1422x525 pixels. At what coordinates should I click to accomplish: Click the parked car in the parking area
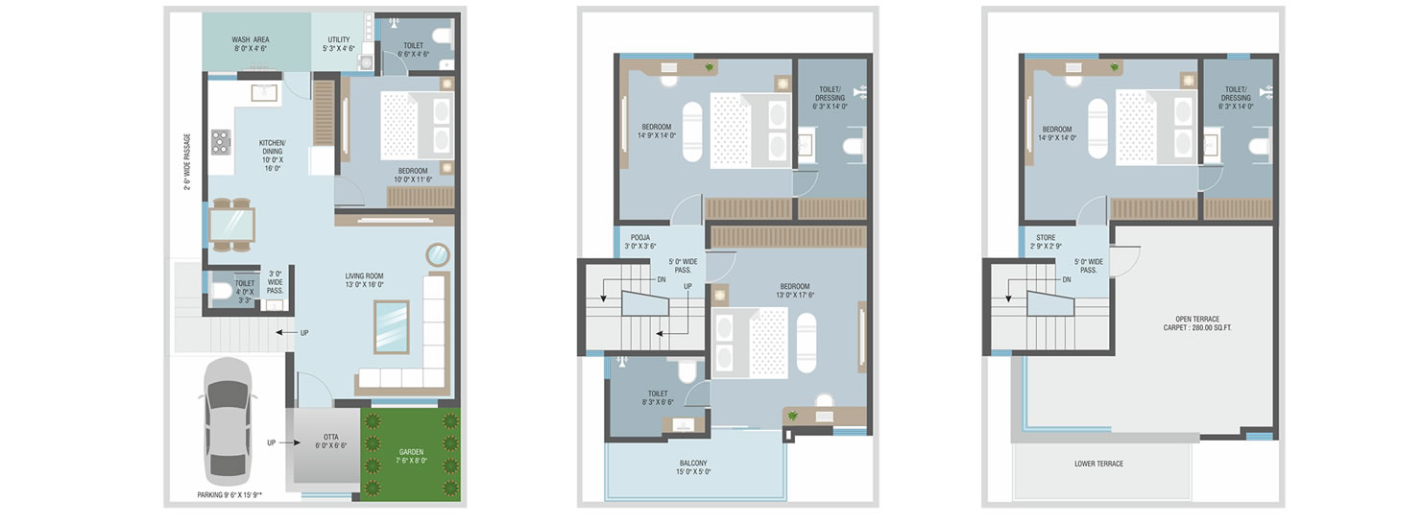click(228, 421)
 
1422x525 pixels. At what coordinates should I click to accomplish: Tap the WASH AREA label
click(250, 44)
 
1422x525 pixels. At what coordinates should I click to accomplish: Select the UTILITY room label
click(338, 44)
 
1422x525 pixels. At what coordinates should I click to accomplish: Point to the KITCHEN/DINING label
click(273, 155)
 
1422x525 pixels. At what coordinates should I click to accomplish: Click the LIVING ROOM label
click(365, 280)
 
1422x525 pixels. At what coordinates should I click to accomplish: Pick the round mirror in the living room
click(438, 255)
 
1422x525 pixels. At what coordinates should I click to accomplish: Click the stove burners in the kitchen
click(221, 142)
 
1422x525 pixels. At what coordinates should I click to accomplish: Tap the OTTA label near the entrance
click(330, 441)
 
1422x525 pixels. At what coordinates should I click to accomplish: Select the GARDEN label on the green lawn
click(411, 457)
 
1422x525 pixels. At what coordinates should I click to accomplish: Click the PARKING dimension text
click(229, 495)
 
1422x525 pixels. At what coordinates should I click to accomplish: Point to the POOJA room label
click(639, 242)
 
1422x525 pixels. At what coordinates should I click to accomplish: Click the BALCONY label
click(693, 467)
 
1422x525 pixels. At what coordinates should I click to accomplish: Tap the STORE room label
click(1046, 242)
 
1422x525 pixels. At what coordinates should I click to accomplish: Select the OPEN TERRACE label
click(1197, 323)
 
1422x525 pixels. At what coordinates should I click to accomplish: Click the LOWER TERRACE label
click(1098, 465)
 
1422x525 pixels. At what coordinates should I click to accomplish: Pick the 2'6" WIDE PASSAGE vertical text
click(187, 162)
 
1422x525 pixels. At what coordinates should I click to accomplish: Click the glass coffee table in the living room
click(392, 326)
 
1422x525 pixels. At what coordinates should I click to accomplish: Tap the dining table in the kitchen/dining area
click(231, 225)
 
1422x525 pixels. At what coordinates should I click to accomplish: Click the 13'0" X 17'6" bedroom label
click(795, 291)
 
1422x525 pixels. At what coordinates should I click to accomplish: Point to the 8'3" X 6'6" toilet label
click(658, 398)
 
